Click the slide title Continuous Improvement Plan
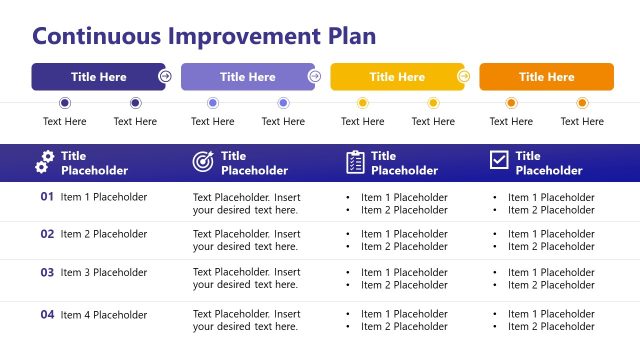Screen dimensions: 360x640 click(204, 37)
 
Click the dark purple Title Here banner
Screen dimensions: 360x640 click(98, 77)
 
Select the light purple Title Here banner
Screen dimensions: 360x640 click(247, 77)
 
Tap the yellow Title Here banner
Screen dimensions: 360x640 click(396, 77)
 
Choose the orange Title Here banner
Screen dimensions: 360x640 click(546, 77)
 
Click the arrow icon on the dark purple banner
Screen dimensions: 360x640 click(165, 76)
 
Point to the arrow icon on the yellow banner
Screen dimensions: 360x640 click(463, 76)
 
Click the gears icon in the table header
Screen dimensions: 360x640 click(46, 162)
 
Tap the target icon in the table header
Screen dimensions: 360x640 click(203, 162)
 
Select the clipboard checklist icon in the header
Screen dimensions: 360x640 click(355, 162)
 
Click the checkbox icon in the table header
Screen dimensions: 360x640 click(499, 161)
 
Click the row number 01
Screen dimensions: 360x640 click(47, 197)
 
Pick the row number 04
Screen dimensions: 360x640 click(47, 315)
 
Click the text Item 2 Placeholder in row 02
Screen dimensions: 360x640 click(104, 234)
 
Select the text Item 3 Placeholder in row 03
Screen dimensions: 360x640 click(104, 273)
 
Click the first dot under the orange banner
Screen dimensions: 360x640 click(511, 103)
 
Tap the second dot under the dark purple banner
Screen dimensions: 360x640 click(135, 103)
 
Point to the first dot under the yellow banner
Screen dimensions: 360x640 click(362, 103)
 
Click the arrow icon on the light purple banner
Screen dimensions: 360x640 click(314, 76)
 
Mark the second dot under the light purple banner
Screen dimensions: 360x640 click(283, 103)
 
